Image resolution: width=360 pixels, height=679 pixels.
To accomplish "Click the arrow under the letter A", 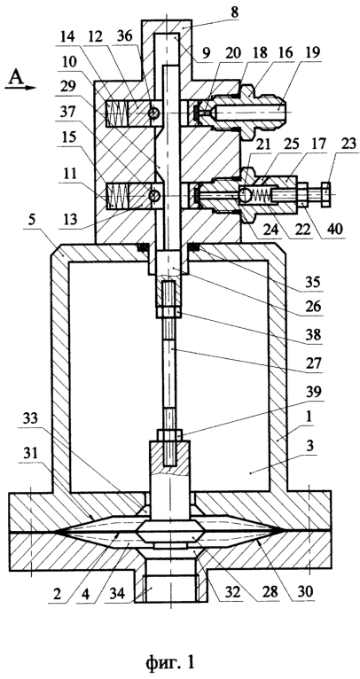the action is pos(20,88).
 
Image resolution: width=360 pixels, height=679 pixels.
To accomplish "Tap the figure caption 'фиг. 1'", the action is pos(170,662).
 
